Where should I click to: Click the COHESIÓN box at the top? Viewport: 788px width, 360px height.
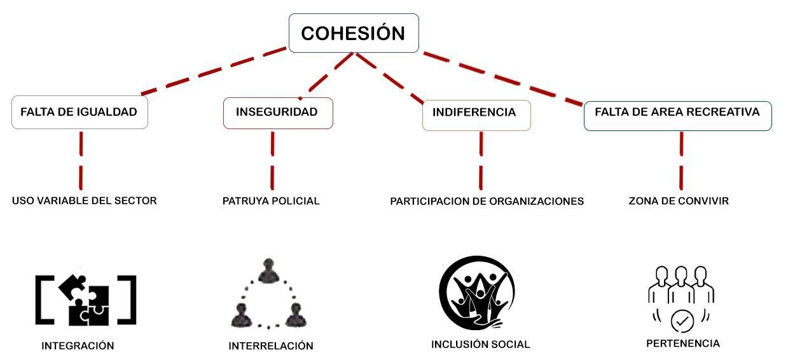pyautogui.click(x=354, y=33)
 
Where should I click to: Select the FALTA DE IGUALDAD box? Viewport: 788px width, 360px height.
pyautogui.click(x=79, y=113)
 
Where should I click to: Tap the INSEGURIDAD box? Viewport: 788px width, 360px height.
pyautogui.click(x=278, y=113)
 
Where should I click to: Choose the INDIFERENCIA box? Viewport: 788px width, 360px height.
pyautogui.click(x=476, y=115)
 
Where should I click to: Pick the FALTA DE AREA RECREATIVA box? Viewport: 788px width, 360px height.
pyautogui.click(x=677, y=116)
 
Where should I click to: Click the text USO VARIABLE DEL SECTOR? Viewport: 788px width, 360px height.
pyautogui.click(x=84, y=200)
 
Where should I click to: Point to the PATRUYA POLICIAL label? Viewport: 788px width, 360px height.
pyautogui.click(x=271, y=201)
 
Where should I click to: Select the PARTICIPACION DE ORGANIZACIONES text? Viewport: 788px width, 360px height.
pyautogui.click(x=487, y=201)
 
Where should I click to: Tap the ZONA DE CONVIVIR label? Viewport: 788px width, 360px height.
pyautogui.click(x=679, y=201)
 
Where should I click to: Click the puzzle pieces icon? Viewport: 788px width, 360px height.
pyautogui.click(x=86, y=300)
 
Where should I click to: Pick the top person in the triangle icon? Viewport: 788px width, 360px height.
pyautogui.click(x=268, y=271)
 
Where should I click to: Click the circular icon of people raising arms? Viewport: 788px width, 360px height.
pyautogui.click(x=477, y=293)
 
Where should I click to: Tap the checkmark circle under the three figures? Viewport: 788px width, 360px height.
pyautogui.click(x=682, y=321)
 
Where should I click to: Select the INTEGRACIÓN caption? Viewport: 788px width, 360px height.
pyautogui.click(x=78, y=346)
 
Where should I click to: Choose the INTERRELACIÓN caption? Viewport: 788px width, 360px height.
pyautogui.click(x=271, y=346)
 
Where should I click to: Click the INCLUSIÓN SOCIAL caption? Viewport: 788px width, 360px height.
pyautogui.click(x=480, y=344)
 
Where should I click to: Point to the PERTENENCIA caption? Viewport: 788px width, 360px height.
pyautogui.click(x=683, y=343)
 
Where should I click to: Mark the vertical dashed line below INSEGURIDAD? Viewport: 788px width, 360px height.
pyautogui.click(x=272, y=160)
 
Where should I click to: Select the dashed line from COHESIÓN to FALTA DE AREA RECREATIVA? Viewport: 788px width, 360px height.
pyautogui.click(x=502, y=78)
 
